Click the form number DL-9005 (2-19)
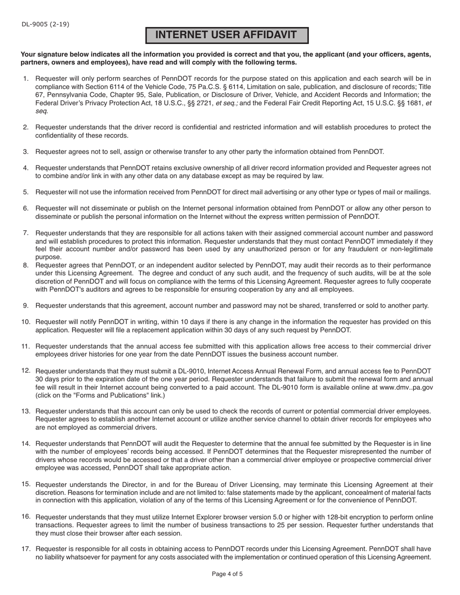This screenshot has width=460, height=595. pyautogui.click(x=45, y=24)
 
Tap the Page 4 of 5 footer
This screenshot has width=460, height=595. pyautogui.click(x=227, y=574)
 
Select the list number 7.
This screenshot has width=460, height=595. pyautogui.click(x=26, y=233)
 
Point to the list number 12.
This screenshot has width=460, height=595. pyautogui.click(x=26, y=371)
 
